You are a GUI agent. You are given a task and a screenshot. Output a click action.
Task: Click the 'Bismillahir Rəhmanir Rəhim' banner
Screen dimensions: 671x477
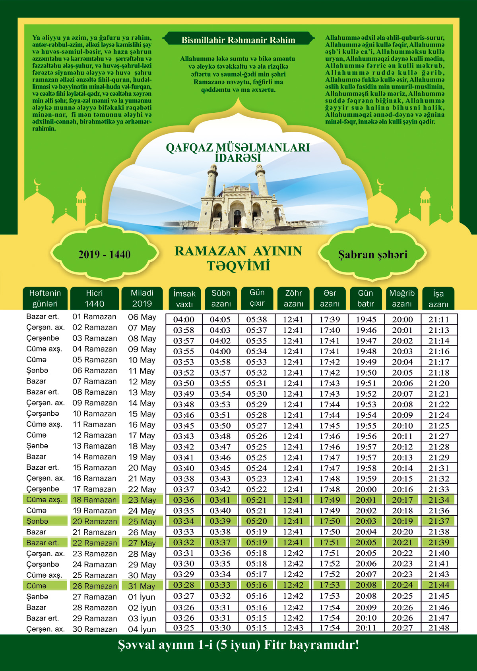coord(238,40)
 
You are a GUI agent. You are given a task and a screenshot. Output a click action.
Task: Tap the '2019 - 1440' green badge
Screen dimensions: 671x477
coord(104,255)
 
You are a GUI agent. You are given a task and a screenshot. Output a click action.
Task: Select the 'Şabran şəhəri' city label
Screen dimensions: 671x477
coord(372,255)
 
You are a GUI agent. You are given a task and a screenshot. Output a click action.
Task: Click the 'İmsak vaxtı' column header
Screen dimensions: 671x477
coord(184,299)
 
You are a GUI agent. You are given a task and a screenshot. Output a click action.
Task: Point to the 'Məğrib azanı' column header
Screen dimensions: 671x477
coord(402,298)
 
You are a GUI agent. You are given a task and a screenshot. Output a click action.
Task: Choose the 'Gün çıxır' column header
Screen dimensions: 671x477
coord(257,298)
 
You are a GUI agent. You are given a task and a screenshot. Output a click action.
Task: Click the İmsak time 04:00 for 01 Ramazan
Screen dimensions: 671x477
coord(184,320)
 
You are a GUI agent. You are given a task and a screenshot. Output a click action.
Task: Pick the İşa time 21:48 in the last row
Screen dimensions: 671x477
coord(439,628)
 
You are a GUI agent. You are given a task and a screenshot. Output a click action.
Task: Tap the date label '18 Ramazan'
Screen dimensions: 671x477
coord(95,500)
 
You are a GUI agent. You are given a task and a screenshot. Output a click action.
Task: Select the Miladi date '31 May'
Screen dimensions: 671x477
coord(142,586)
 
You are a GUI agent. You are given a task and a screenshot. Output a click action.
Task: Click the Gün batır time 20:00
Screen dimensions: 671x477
coord(366,490)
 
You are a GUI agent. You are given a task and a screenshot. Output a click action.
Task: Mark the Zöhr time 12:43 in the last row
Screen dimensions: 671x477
coord(293,628)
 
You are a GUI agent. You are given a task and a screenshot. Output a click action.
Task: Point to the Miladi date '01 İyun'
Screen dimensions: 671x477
coord(142,597)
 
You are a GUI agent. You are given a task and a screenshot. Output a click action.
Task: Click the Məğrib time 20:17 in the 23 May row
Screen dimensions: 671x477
coord(402,500)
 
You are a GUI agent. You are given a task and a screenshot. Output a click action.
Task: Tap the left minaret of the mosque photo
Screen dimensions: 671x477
coord(212,183)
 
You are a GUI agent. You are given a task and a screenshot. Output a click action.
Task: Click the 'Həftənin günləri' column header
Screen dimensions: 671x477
coord(45,298)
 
